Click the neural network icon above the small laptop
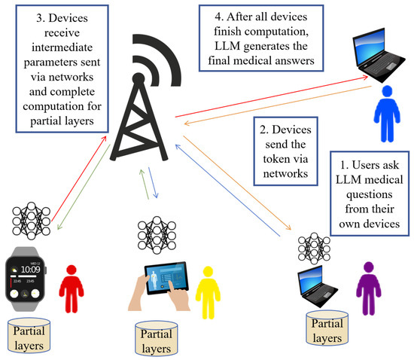[x=313, y=247]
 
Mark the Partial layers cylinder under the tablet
[x=156, y=340]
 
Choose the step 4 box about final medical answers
[x=257, y=38]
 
